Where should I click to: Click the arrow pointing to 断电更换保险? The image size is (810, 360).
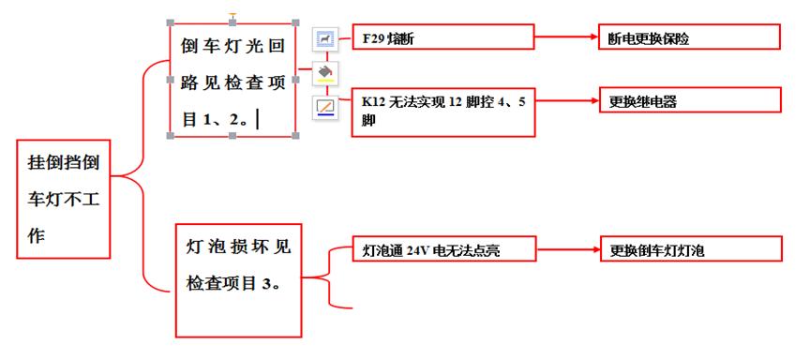click(566, 38)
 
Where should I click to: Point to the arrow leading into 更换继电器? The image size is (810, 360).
click(566, 100)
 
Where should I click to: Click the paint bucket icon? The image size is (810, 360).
click(325, 72)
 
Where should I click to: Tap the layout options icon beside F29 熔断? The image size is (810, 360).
click(325, 38)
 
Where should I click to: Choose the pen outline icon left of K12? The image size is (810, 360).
click(325, 106)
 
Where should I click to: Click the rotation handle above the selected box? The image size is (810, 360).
click(232, 15)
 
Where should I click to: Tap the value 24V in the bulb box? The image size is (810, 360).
click(418, 251)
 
